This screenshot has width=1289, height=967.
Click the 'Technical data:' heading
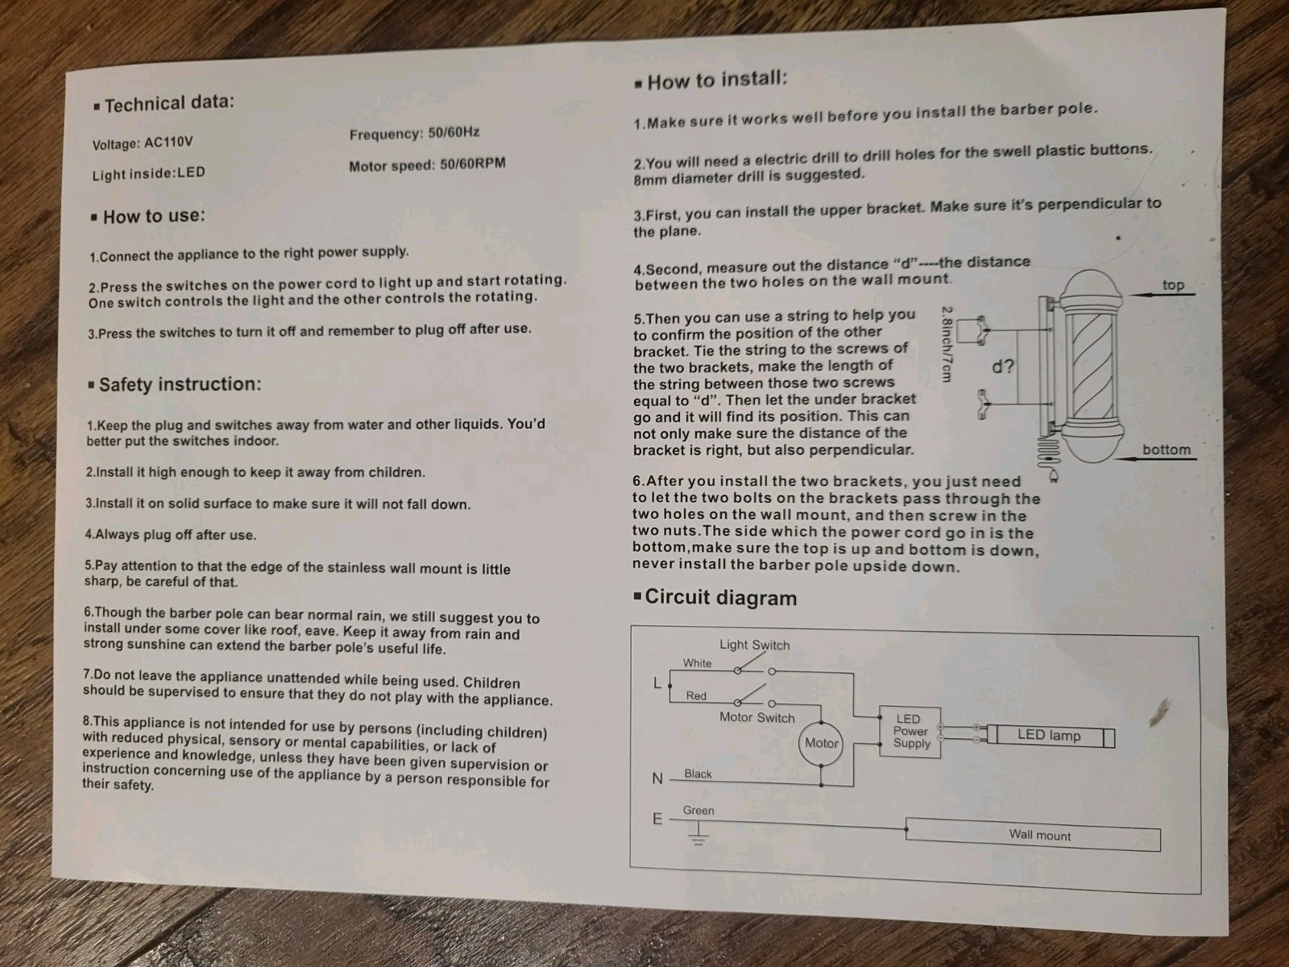pos(164,103)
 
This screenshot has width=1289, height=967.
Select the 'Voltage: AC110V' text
pos(142,143)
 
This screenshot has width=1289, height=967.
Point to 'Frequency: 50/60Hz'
pos(415,133)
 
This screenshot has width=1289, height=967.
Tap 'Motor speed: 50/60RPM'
pos(427,164)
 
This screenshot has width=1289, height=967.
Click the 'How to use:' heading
pos(148,216)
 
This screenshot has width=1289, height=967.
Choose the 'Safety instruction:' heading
pos(174,384)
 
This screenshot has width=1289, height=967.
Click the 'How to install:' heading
pos(711,80)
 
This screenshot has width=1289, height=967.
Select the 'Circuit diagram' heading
pos(715,597)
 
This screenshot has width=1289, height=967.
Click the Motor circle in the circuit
pos(821,743)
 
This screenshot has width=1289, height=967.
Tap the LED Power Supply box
pos(910,732)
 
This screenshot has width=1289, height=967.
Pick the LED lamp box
pos(1051,736)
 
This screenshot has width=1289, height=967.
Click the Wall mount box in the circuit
pos(1033,834)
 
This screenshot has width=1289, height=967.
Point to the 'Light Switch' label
pos(755,645)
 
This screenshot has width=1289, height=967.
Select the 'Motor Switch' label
pos(757,717)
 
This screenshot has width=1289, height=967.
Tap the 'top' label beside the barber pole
pos(1173,284)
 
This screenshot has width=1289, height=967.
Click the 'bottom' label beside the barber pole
pos(1167,450)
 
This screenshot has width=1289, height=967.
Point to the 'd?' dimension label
pos(1003,367)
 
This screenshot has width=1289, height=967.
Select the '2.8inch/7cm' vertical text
pos(946,344)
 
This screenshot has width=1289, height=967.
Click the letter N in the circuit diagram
pos(657,778)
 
